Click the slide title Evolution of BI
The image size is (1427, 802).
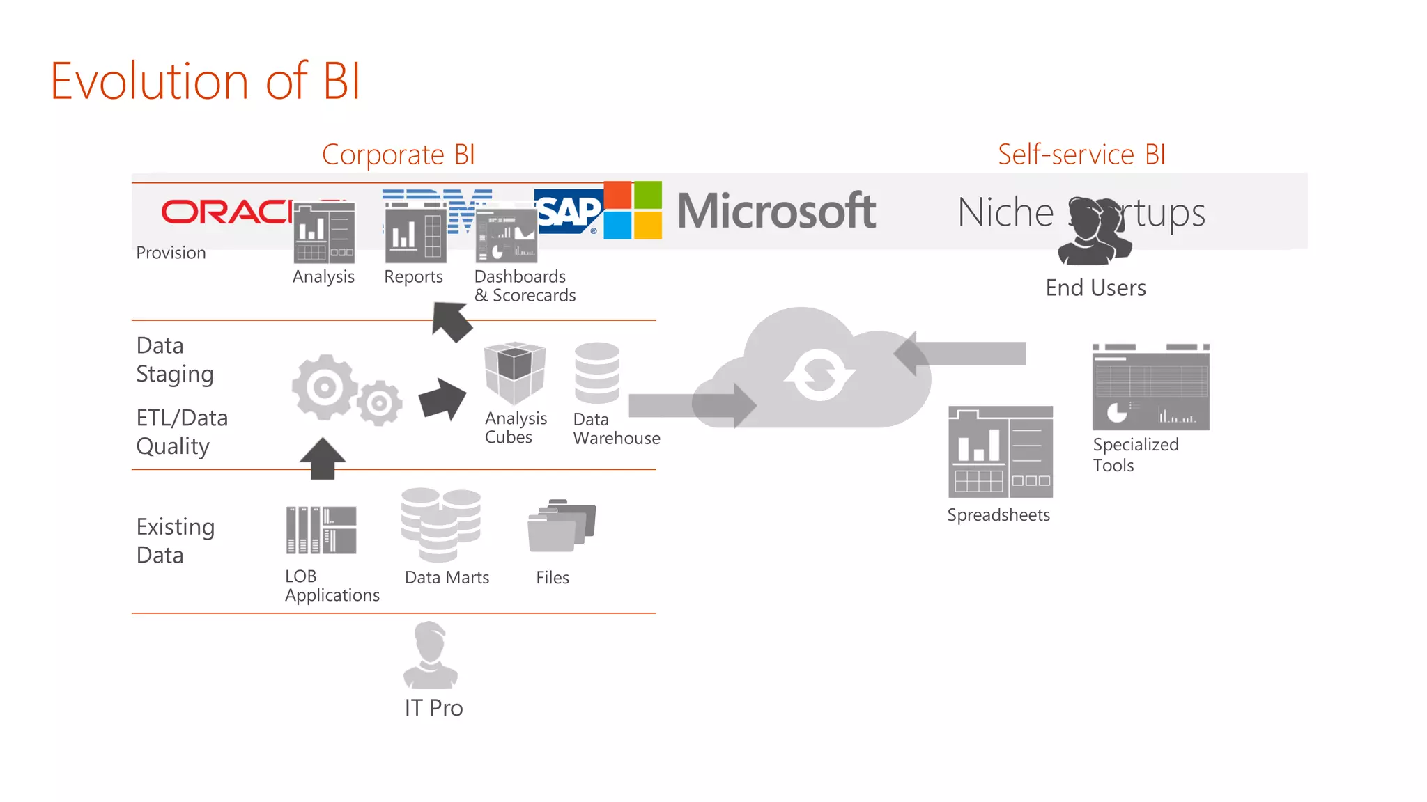(206, 81)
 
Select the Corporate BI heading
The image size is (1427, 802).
(398, 155)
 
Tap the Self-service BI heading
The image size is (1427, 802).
(1081, 155)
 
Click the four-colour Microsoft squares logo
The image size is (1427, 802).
(633, 210)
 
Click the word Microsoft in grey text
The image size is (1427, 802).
(776, 211)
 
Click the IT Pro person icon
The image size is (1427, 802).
(431, 654)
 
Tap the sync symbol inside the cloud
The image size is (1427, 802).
(819, 375)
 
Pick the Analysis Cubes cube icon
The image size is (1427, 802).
(515, 372)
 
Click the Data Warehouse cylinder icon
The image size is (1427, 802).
(596, 372)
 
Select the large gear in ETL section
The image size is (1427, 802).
(324, 387)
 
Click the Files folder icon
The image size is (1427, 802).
(561, 526)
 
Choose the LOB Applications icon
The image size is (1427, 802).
(321, 530)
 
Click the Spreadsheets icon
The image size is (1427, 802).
(1000, 452)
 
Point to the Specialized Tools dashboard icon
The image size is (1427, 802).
(1150, 387)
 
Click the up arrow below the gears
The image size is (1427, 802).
(323, 458)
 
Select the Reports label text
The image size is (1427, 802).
(413, 277)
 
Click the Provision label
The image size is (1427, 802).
(171, 253)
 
